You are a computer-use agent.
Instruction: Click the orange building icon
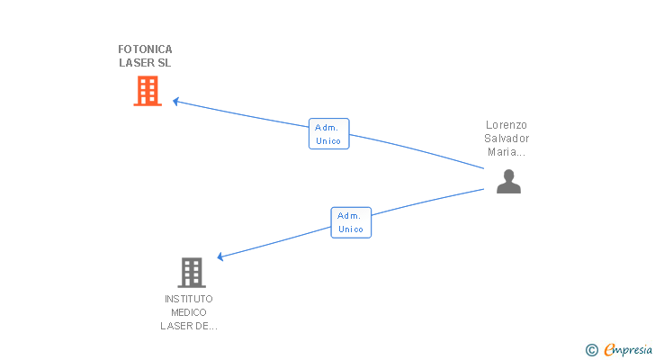click(148, 91)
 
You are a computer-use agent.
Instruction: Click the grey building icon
click(192, 273)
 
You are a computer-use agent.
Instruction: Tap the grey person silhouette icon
click(508, 181)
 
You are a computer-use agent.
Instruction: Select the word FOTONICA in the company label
click(145, 49)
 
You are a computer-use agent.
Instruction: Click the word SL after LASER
click(165, 63)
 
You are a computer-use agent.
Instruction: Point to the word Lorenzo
click(507, 125)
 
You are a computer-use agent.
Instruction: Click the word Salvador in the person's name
click(507, 139)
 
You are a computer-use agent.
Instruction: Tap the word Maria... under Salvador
click(507, 152)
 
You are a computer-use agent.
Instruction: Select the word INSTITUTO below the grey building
click(189, 299)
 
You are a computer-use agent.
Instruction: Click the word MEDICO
click(189, 312)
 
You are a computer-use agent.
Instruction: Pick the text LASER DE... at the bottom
click(189, 326)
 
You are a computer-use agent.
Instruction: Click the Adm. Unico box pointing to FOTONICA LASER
click(328, 133)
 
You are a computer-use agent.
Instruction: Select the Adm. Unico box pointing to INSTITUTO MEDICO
click(351, 222)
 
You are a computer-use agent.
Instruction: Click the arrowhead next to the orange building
click(175, 102)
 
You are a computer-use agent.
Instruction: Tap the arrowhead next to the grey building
click(220, 256)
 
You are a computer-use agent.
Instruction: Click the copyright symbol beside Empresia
click(591, 350)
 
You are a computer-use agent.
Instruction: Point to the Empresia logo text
click(628, 350)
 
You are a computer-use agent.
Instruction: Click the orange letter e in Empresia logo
click(609, 349)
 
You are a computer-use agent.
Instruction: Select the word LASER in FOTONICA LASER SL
click(137, 63)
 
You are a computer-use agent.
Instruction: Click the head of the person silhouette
click(508, 175)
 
